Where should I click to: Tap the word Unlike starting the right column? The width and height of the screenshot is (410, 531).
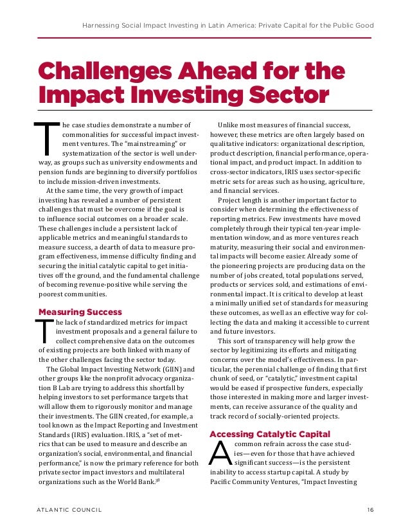(229, 124)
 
